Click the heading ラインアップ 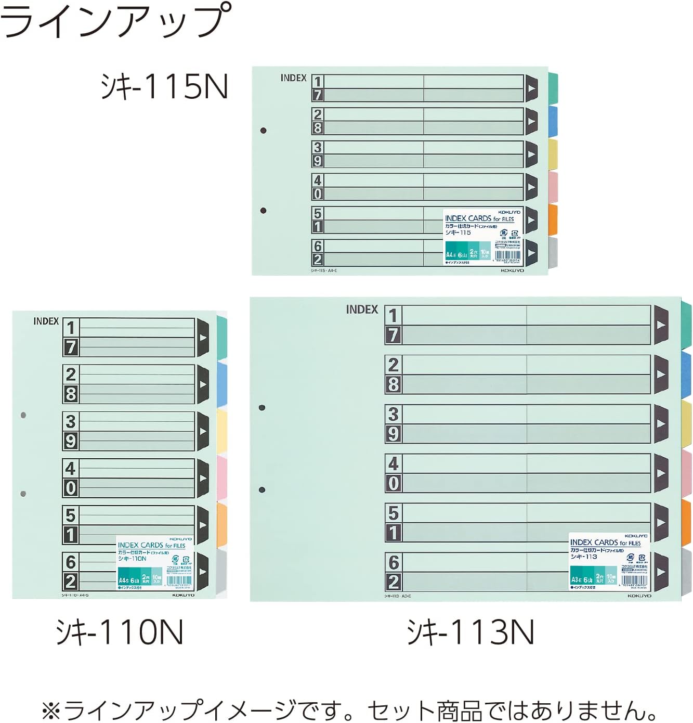115,21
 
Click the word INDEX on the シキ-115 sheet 293,78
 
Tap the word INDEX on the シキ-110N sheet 46,321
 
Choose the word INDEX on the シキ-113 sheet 362,309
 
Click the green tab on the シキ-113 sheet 686,324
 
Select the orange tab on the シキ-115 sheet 553,219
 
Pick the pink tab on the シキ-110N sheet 222,478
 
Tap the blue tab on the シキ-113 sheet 686,373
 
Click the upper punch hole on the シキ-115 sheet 264,130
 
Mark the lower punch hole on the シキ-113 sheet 262,489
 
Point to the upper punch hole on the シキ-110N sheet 23,415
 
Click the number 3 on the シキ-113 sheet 394,414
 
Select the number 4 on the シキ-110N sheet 71,469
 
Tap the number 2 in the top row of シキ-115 318,114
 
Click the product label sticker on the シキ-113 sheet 609,561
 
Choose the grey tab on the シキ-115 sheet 553,252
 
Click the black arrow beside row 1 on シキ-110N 203,338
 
